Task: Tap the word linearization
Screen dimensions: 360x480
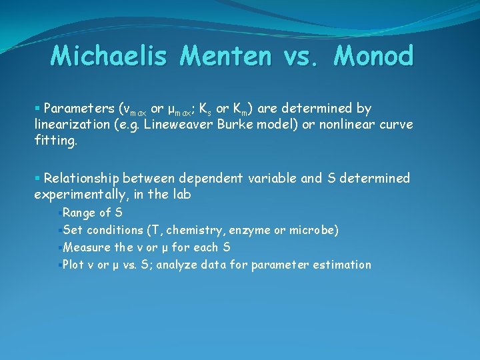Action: click(70, 125)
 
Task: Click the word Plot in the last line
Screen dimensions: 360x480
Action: click(73, 265)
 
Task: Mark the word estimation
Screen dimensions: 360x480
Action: click(344, 265)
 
